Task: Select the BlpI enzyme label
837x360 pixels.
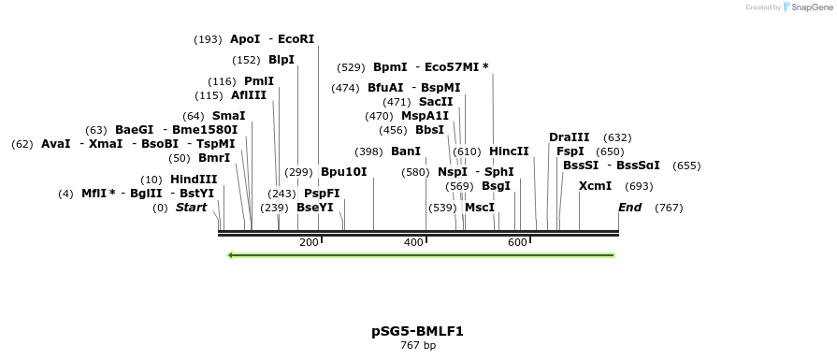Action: [281, 60]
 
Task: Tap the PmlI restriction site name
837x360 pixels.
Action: [259, 81]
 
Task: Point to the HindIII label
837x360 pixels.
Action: [194, 179]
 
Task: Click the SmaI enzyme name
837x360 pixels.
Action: [229, 116]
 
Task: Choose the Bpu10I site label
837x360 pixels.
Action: [343, 172]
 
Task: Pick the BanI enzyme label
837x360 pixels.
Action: [406, 151]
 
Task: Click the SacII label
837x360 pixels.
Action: [436, 102]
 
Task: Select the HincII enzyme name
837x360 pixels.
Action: [509, 151]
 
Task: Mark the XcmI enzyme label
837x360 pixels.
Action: [595, 186]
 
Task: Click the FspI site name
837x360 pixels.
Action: [570, 151]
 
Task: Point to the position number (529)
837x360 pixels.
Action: [351, 67]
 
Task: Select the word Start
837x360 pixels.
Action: [192, 208]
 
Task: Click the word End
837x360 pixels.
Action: [630, 208]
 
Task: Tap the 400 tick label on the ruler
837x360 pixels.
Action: [413, 243]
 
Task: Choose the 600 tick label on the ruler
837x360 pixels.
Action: [517, 243]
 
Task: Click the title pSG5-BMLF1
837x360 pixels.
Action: [417, 331]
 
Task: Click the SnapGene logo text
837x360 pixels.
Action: [810, 7]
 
